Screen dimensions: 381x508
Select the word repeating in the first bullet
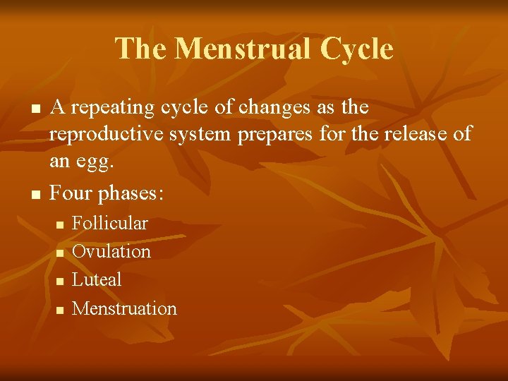[107, 108]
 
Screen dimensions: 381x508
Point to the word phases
[133, 192]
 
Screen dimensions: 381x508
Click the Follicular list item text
[110, 223]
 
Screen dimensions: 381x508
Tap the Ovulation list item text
[111, 251]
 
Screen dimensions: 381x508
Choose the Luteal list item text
[97, 279]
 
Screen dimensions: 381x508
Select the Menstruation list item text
[124, 308]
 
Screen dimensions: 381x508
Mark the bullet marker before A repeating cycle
[33, 109]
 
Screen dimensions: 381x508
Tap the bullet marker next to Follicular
[60, 224]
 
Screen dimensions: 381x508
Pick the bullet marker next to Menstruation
[60, 310]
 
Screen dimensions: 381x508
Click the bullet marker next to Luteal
[60, 282]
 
